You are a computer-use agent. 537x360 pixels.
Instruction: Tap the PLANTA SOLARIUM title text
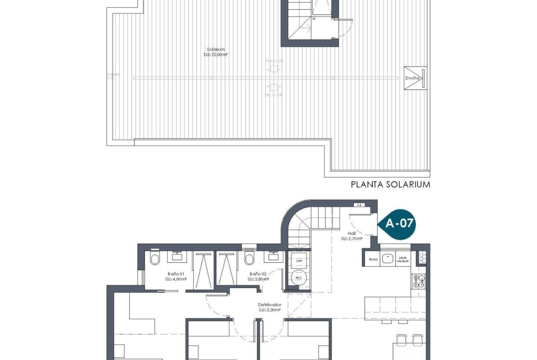point(390,184)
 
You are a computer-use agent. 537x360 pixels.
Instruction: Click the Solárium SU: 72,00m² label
point(216,52)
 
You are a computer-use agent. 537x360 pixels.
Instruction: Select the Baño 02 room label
point(257,276)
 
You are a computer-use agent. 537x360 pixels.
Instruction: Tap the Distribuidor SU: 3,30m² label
point(269,307)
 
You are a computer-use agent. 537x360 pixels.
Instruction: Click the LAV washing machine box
point(299,260)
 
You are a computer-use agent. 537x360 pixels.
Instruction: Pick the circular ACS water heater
point(299,277)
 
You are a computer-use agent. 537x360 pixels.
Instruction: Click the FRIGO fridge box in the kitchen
point(373,259)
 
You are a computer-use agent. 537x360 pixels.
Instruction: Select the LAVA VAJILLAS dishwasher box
point(403,259)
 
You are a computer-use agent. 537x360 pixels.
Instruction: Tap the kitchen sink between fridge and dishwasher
point(388,259)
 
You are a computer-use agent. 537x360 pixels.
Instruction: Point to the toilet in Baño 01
point(154,259)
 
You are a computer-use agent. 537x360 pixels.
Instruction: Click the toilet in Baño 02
point(250,259)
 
